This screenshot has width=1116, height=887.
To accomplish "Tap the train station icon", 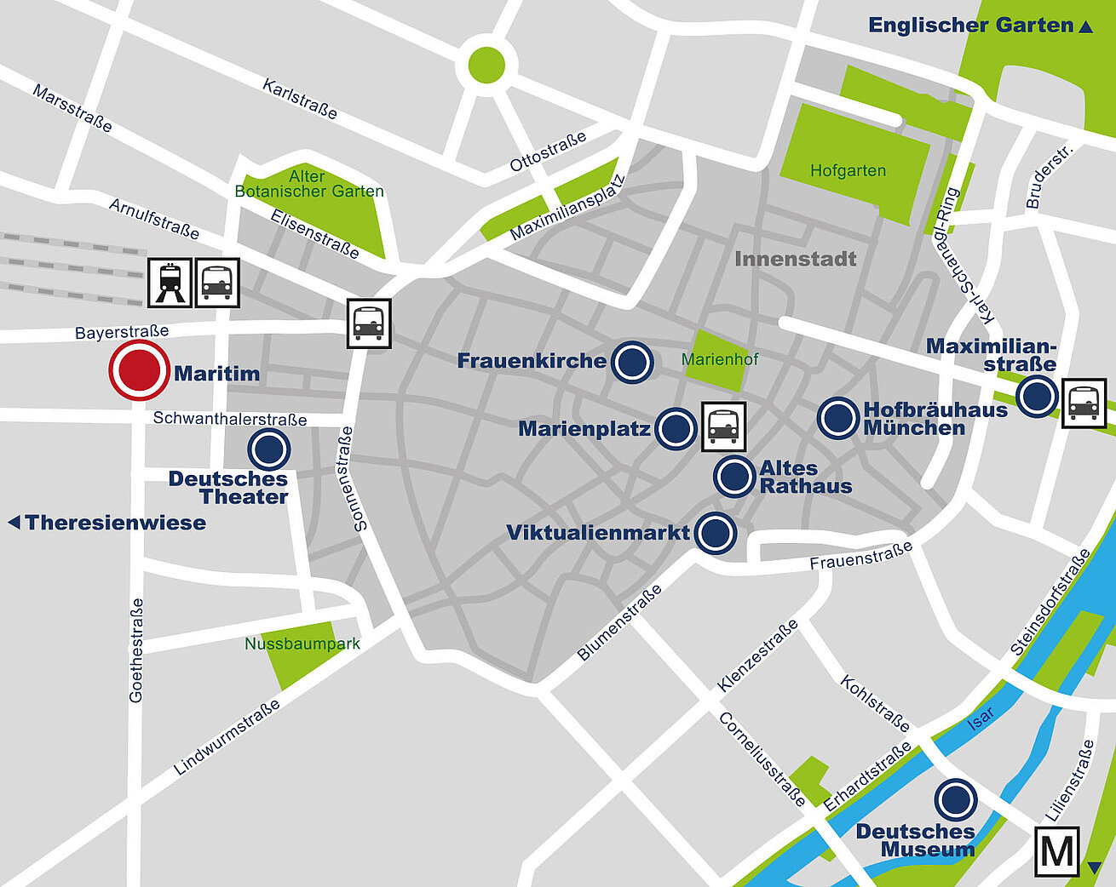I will click(170, 283).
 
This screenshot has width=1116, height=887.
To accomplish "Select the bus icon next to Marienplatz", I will click(723, 426).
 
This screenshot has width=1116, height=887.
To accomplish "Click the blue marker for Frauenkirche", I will click(633, 362).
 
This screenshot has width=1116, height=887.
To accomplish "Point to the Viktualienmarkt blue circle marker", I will click(716, 533).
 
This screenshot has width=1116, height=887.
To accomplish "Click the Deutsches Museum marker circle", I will click(956, 800).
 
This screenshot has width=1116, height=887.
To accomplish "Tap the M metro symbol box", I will click(1056, 850).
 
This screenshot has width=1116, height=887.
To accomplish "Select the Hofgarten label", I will click(848, 171).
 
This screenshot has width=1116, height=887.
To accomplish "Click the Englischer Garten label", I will click(971, 26).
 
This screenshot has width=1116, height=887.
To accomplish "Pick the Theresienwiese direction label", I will click(115, 523).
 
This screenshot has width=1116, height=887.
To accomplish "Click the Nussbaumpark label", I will click(302, 644).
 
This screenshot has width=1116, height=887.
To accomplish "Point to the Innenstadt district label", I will click(795, 259).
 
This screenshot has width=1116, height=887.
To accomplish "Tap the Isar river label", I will click(981, 718).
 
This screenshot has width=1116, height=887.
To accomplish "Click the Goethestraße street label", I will click(136, 650).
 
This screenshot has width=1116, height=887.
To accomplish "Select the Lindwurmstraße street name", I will click(227, 737).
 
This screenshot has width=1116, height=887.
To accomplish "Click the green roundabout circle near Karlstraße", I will click(486, 65).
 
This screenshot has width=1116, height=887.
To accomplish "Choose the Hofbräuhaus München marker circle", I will click(838, 418).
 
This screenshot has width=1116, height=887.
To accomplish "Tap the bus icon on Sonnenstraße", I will click(369, 323).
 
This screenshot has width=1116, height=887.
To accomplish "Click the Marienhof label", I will click(720, 359).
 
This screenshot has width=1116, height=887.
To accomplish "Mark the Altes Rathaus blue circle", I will click(734, 477).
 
